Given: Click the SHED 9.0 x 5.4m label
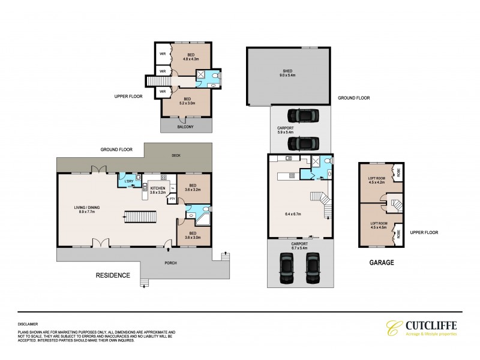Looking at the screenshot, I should [287, 73].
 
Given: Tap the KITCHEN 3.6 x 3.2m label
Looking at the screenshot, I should [158, 190].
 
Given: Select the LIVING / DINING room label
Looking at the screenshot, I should [87, 209].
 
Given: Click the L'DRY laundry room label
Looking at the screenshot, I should [129, 181].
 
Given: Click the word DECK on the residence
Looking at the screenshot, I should [175, 155].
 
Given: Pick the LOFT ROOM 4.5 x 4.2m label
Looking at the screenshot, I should [375, 180].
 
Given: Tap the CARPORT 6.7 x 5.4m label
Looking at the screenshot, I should [299, 246].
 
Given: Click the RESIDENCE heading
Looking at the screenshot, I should [113, 275].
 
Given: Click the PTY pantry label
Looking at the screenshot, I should [172, 199].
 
